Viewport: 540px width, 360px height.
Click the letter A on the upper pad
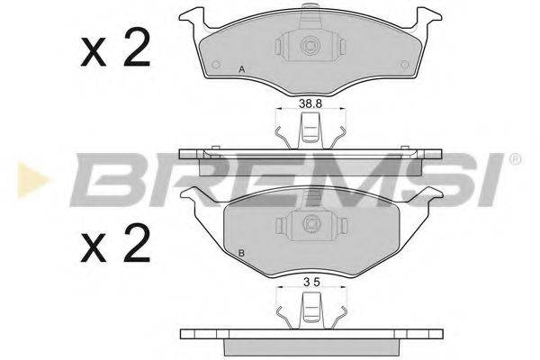[x=241, y=70]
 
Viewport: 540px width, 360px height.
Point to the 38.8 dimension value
[x=310, y=104]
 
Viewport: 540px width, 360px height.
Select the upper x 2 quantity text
[x=115, y=51]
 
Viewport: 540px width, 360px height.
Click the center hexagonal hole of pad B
[x=310, y=224]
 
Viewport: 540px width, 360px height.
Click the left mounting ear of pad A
[x=194, y=15]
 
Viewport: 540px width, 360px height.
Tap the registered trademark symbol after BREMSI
[x=515, y=160]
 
